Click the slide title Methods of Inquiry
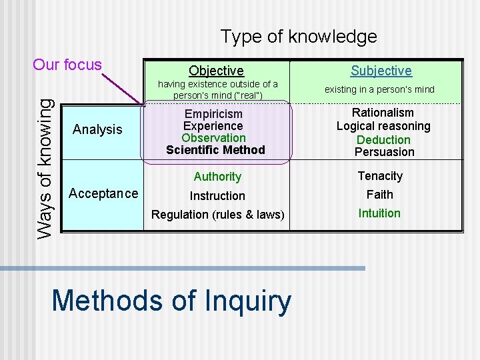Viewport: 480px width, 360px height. [x=171, y=301]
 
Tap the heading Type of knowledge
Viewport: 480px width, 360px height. [x=298, y=37]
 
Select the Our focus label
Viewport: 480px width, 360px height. [x=67, y=65]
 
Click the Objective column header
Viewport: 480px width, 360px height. [x=216, y=71]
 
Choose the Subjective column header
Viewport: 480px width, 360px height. [x=381, y=71]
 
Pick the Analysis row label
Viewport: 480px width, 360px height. [x=97, y=129]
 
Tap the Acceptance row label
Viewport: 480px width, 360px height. [x=103, y=193]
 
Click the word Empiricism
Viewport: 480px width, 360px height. [x=213, y=114]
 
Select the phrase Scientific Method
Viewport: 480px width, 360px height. [x=215, y=150]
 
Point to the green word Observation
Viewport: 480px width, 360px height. [x=213, y=138]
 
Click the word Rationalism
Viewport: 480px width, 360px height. [x=383, y=113]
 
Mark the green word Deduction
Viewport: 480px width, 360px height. [x=383, y=139]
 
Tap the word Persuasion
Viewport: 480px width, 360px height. [x=384, y=152]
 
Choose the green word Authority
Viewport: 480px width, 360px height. [x=217, y=177]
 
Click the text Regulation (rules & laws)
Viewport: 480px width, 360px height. [x=217, y=215]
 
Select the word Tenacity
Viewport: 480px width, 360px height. [x=380, y=176]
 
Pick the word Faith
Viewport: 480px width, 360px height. [x=380, y=195]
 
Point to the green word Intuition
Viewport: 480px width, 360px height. [x=379, y=213]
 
